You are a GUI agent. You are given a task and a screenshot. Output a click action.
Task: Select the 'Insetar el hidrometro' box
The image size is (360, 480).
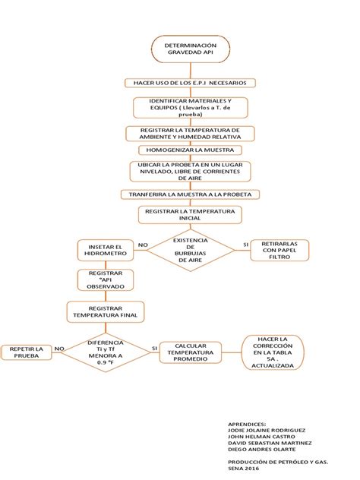(105, 251)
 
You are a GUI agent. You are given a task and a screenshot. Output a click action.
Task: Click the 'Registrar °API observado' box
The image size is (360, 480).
(105, 279)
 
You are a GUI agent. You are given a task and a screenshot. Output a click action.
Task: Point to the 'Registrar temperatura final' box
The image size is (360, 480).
(105, 312)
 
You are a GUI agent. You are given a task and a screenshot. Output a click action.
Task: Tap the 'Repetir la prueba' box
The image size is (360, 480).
(27, 352)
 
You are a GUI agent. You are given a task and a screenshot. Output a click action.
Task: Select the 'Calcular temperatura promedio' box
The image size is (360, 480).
(191, 352)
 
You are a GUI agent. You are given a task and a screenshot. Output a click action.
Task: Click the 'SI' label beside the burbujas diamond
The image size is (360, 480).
(245, 245)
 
